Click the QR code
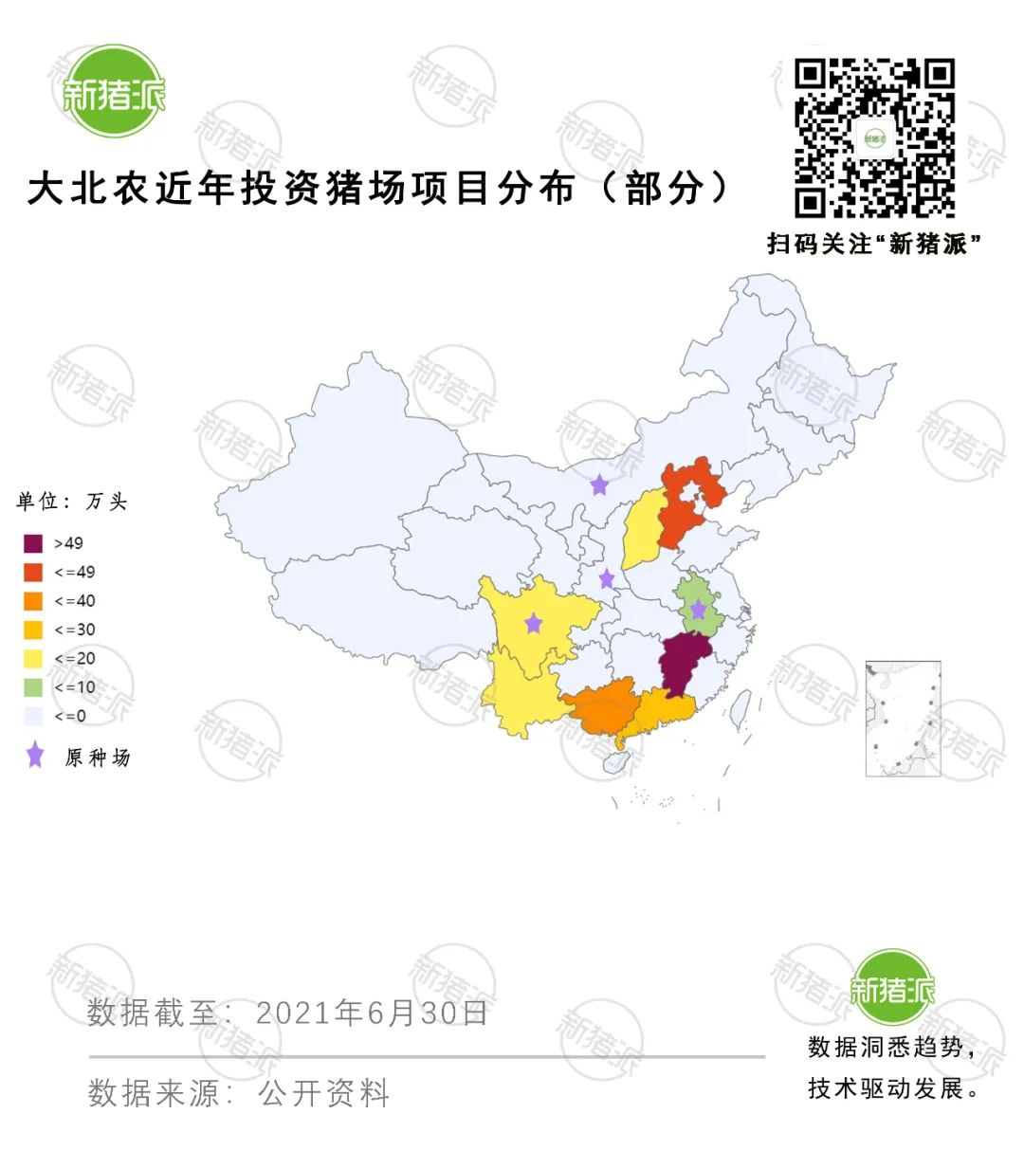coord(873,138)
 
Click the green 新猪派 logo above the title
coord(114,93)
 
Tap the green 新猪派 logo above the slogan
coord(891,988)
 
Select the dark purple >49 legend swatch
coord(33,543)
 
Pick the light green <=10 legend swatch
coord(33,686)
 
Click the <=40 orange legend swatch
coord(33,601)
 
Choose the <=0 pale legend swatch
coord(33,716)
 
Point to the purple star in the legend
coord(35,756)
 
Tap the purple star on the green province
coord(699,610)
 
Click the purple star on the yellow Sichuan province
coord(534,623)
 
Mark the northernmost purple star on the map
coord(599,485)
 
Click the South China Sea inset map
coord(903,719)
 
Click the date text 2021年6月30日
coord(371,1013)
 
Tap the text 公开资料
coord(324,1093)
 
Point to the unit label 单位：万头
coord(72,502)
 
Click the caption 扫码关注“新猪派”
coord(873,244)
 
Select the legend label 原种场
coord(98,758)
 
